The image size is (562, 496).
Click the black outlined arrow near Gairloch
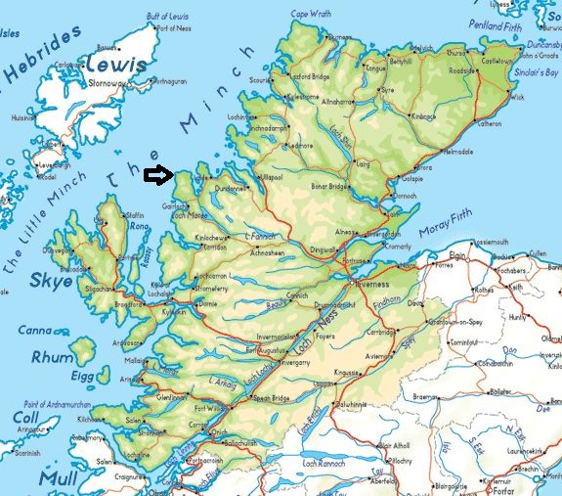(x=156, y=175)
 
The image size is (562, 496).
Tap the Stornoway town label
(x=109, y=83)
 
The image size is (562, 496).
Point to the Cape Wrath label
(x=311, y=14)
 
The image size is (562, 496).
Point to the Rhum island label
(x=51, y=357)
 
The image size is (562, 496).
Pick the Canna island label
(x=34, y=330)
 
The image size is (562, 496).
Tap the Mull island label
(x=60, y=478)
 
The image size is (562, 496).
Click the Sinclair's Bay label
(x=537, y=72)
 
